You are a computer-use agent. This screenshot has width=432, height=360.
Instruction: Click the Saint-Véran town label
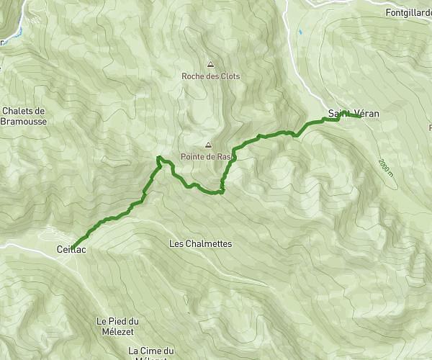tap(353, 114)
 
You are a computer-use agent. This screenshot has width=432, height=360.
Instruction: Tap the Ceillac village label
tap(71, 249)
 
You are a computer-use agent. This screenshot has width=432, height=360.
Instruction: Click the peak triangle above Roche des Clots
tap(210, 64)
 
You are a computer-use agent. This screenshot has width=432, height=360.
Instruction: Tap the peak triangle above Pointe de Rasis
tap(209, 145)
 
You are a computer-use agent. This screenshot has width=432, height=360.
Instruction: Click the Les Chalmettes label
tap(200, 244)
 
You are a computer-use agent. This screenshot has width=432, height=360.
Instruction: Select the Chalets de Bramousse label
tap(24, 116)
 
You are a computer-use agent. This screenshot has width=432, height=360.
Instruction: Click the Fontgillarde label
tap(408, 13)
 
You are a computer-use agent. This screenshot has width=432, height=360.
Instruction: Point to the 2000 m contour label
tap(385, 168)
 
